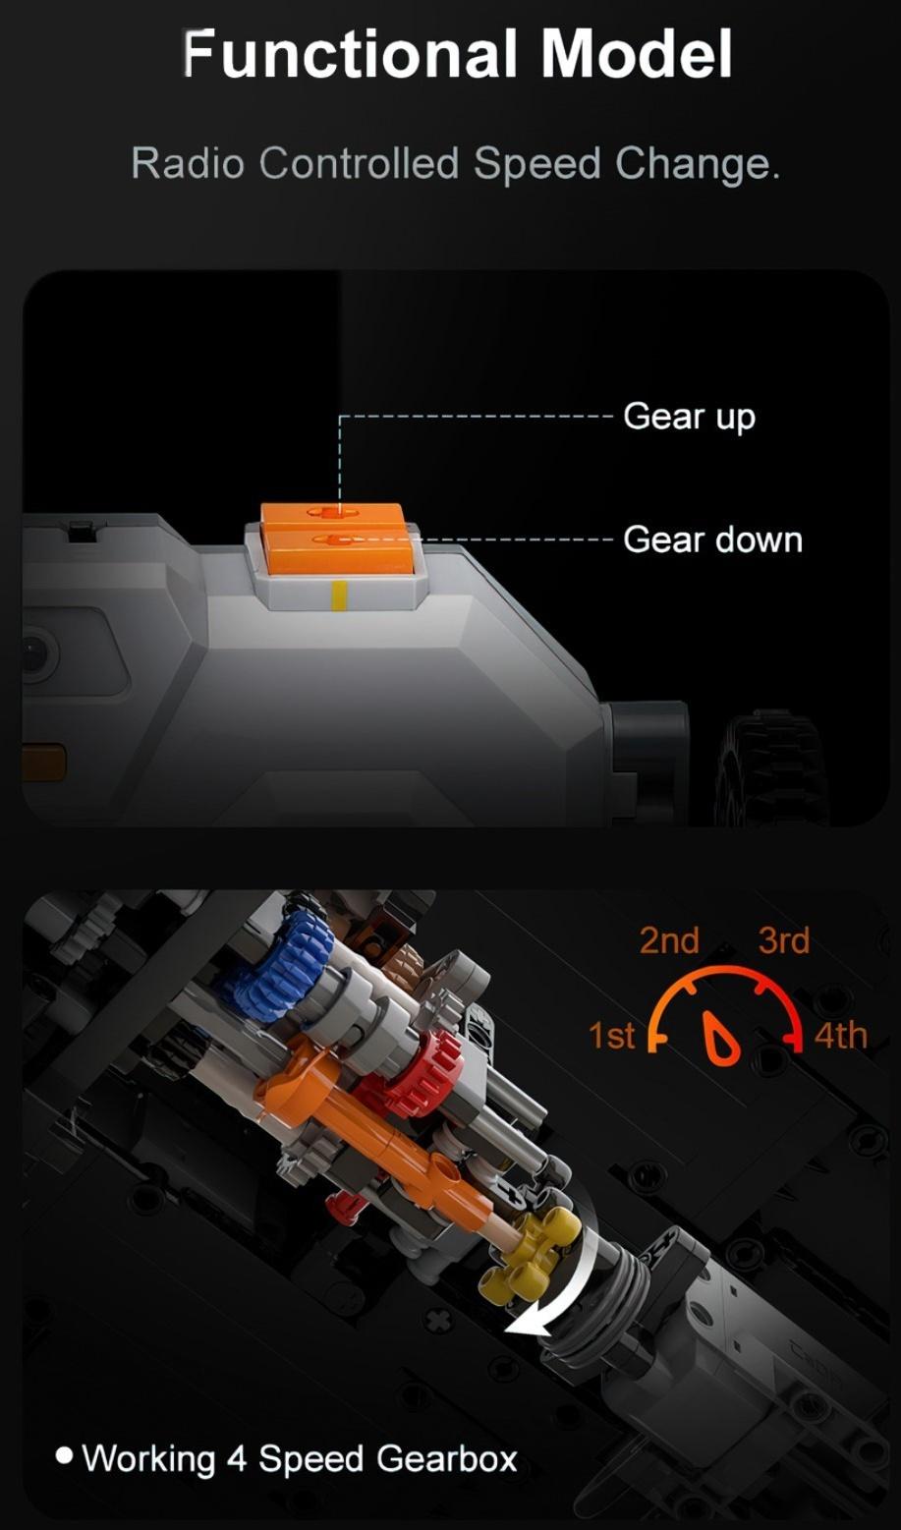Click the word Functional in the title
click(x=349, y=54)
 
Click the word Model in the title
click(x=637, y=54)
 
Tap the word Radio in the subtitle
click(x=187, y=164)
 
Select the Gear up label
click(x=689, y=417)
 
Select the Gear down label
click(x=712, y=539)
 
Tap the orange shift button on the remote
click(x=335, y=538)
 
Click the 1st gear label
click(x=611, y=1035)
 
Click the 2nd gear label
click(x=669, y=940)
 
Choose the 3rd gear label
click(x=783, y=940)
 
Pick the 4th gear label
click(x=840, y=1036)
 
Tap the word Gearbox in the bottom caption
click(x=447, y=1459)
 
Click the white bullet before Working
click(x=64, y=1455)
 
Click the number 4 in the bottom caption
click(x=237, y=1459)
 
